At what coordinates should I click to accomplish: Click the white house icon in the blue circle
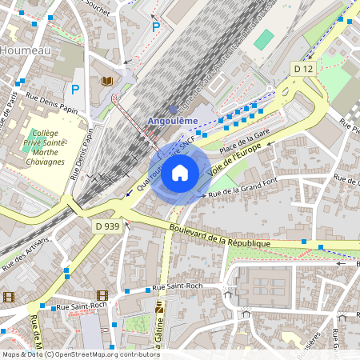[180, 171]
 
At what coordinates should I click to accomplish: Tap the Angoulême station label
[172, 121]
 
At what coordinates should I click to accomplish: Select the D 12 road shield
[302, 70]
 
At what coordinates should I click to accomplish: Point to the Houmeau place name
[26, 50]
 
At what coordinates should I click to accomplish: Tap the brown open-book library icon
[106, 81]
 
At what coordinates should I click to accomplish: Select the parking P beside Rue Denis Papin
[76, 90]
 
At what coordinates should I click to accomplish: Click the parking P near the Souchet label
[157, 26]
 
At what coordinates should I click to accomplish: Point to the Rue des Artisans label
[26, 253]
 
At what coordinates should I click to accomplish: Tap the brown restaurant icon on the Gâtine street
[159, 306]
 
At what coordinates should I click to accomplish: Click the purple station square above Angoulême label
[173, 109]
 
